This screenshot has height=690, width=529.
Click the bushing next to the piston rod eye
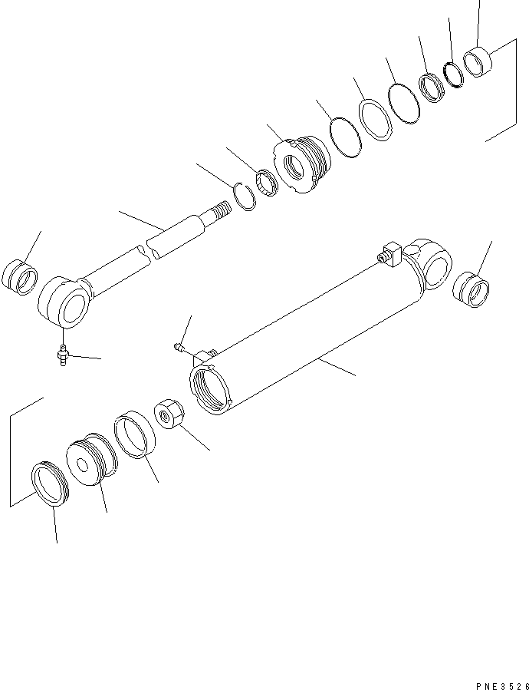(21, 278)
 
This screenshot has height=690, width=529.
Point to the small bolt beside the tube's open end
(178, 347)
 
